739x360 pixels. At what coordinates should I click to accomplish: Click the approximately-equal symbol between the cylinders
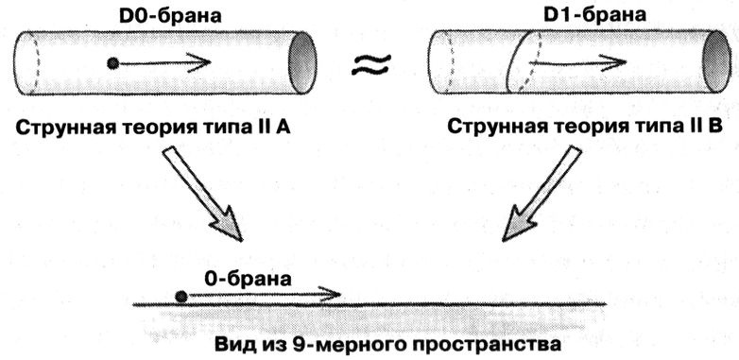point(370,65)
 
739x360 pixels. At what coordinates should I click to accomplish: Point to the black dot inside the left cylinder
point(113,64)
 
